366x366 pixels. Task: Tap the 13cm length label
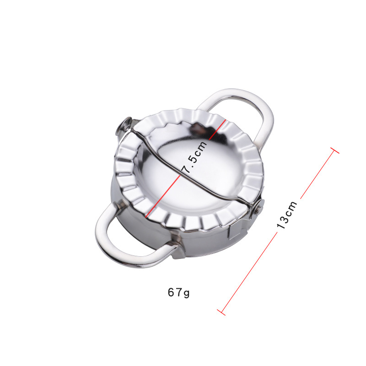(287, 214)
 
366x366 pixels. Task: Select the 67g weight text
(178, 292)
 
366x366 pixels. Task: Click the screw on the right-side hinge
(258, 207)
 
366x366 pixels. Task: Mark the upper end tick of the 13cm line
(335, 151)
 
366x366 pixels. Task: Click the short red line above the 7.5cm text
(217, 129)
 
